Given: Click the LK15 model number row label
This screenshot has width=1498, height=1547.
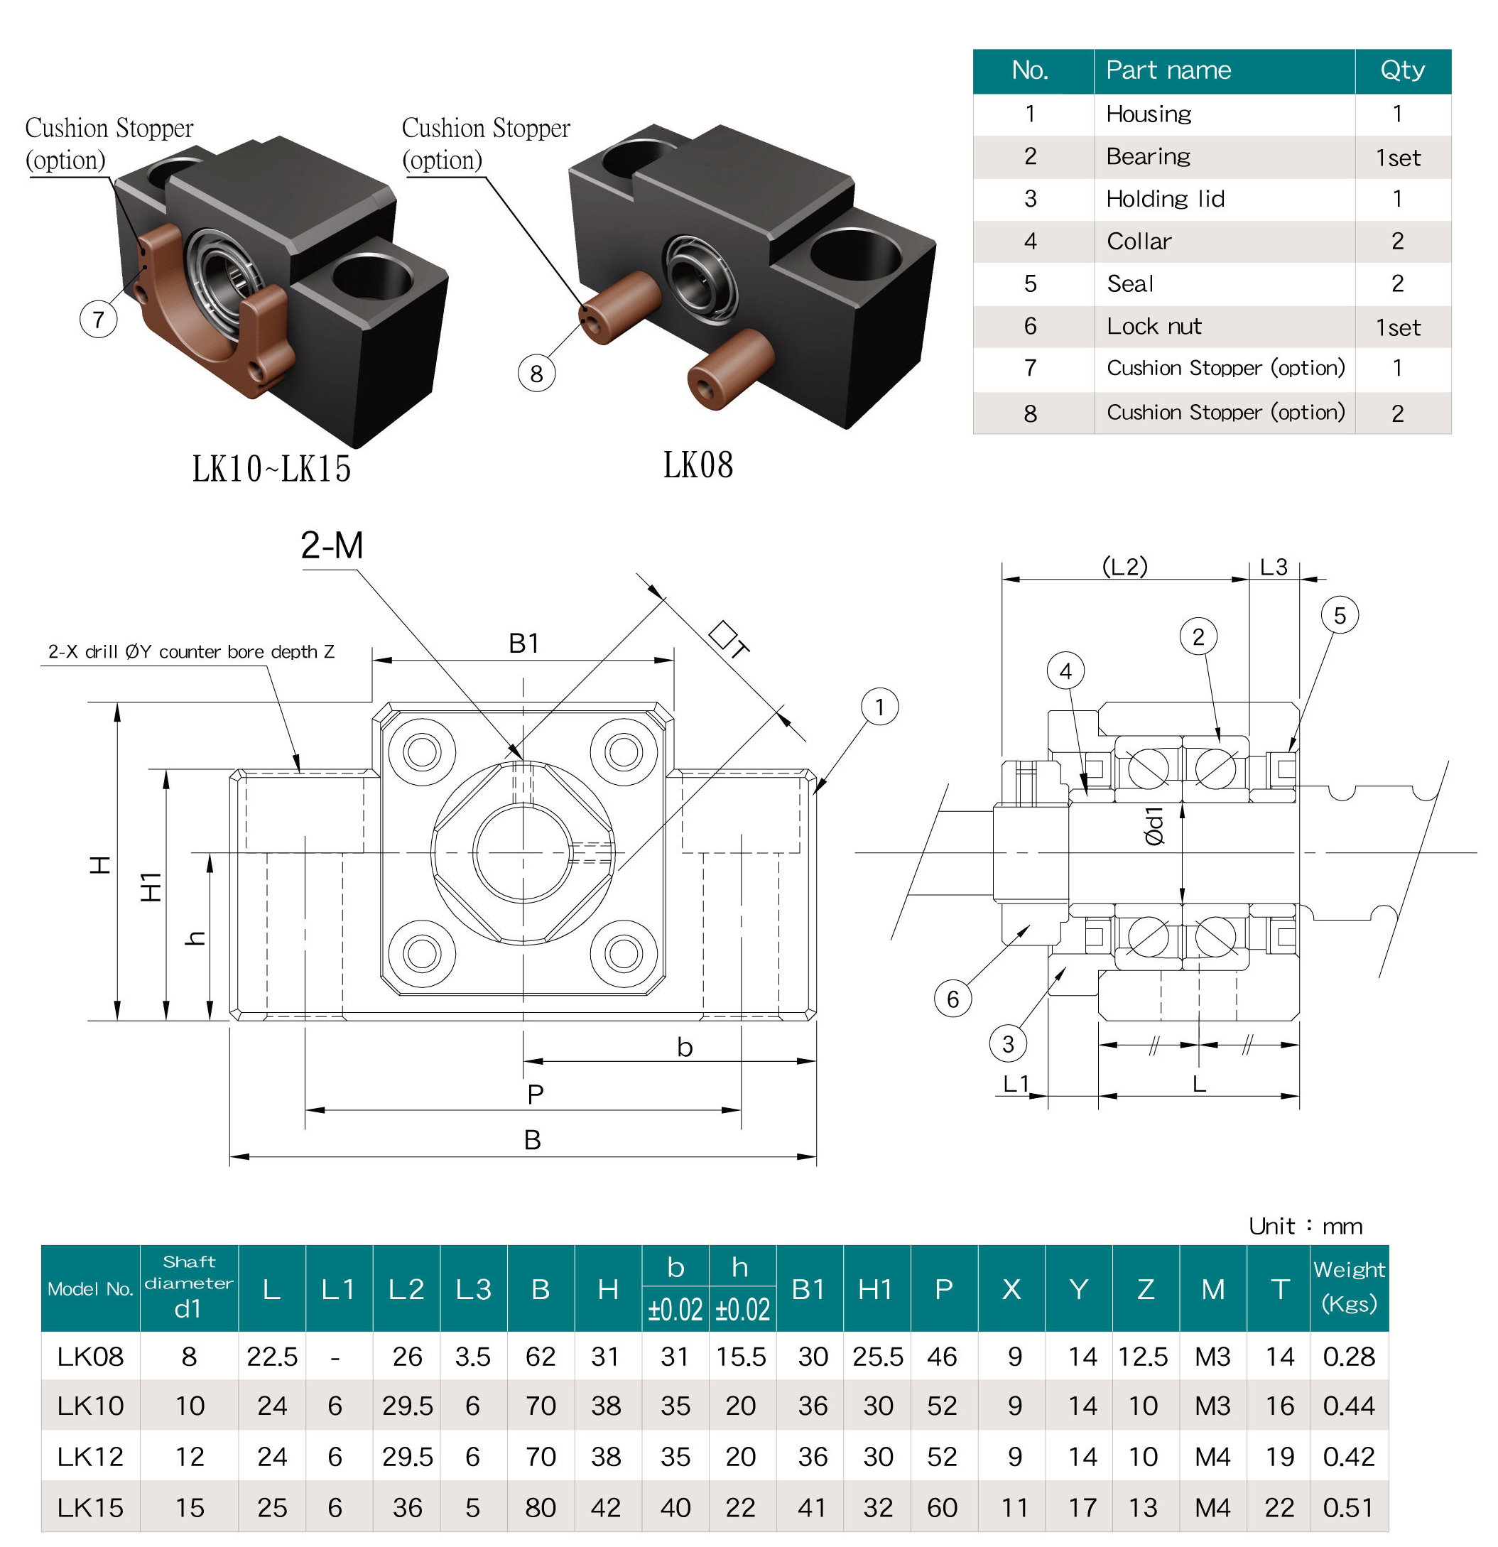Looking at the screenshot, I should (90, 1507).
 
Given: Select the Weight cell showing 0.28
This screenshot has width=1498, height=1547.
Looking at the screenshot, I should (1349, 1356).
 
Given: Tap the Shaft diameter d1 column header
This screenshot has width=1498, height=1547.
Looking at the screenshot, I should (189, 1288).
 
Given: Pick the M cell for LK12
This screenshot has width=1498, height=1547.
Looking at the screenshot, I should (1212, 1456).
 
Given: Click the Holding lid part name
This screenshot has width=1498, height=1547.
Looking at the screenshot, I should (1165, 199).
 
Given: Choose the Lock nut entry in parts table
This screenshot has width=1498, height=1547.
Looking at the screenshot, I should (1154, 326).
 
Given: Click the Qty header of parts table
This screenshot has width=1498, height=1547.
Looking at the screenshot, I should (1401, 70).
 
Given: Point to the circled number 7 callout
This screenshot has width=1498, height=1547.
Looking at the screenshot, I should (98, 319).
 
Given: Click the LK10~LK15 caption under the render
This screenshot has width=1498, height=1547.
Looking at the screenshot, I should (271, 469).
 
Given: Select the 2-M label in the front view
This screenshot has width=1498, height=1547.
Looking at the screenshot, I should (332, 545).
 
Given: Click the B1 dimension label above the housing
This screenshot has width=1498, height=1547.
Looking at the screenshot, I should (523, 644).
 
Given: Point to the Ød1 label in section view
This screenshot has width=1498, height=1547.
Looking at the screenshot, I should (1154, 826).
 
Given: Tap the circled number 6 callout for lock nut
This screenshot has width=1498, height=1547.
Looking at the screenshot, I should (952, 999).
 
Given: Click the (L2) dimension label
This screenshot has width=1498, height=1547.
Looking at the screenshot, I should (1124, 566).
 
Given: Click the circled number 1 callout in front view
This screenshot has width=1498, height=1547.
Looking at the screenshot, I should (879, 707).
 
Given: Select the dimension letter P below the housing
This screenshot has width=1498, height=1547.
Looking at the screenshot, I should (535, 1095).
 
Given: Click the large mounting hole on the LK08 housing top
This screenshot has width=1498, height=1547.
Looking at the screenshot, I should (856, 255).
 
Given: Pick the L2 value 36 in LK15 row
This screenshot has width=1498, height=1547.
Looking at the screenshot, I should (407, 1507).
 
